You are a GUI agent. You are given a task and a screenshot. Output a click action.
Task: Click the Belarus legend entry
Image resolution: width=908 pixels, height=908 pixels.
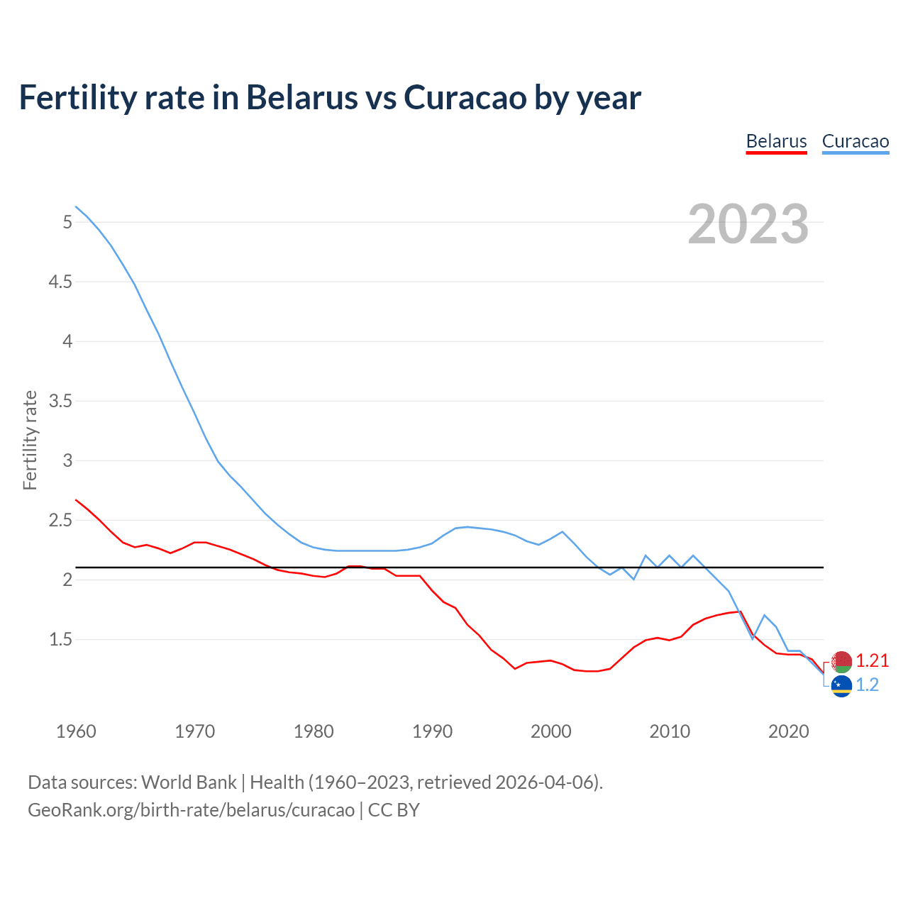tap(776, 142)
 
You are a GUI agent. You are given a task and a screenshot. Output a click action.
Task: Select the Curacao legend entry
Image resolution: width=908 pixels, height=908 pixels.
tap(855, 142)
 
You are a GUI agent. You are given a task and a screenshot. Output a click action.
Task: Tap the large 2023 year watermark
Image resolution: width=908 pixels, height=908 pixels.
tap(748, 224)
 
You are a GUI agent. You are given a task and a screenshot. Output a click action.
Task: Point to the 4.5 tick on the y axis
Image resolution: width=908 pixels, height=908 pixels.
tap(60, 282)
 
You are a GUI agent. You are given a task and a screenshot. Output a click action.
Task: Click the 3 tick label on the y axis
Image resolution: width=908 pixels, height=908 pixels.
tap(67, 461)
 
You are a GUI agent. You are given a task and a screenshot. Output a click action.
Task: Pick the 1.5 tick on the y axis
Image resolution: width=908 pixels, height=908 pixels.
tap(60, 640)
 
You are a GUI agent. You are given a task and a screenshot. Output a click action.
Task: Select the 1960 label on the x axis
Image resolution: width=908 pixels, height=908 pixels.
tap(76, 731)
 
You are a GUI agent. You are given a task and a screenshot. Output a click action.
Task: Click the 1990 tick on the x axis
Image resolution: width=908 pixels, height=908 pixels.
tap(432, 731)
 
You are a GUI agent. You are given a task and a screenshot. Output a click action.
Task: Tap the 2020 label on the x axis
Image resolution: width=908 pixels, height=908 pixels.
tap(788, 731)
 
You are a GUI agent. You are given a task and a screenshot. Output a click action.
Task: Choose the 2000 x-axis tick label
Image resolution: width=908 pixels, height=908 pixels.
tap(550, 731)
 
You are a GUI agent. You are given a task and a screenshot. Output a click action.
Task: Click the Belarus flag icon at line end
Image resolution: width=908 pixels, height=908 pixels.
tap(841, 661)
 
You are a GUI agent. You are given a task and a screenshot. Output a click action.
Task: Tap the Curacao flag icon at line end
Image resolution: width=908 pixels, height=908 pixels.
tap(841, 686)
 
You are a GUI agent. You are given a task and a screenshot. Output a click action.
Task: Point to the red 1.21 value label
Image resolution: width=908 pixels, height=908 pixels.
tap(872, 661)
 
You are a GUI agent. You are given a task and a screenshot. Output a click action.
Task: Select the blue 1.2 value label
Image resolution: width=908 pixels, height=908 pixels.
tap(867, 685)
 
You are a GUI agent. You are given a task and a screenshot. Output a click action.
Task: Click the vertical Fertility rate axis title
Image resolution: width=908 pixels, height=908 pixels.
tap(30, 440)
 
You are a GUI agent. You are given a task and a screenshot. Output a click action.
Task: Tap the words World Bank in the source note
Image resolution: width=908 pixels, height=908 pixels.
tap(189, 782)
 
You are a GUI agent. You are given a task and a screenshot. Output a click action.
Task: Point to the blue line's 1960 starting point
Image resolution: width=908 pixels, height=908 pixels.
tap(76, 206)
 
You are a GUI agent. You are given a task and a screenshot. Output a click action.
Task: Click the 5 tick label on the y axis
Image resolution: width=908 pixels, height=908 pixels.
tap(67, 223)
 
